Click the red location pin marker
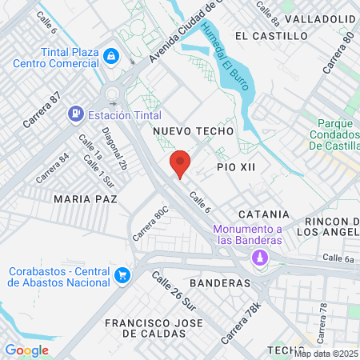(x=180, y=164)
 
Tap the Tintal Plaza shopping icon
(x=112, y=56)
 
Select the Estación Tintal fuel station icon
(x=76, y=114)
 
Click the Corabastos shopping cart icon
(x=122, y=275)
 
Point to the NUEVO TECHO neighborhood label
(x=193, y=130)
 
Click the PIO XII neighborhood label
(x=236, y=166)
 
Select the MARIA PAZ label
(x=86, y=198)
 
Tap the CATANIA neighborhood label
(x=263, y=214)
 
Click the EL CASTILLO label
(x=271, y=36)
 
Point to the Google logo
(x=26, y=350)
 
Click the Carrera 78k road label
(x=242, y=322)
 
